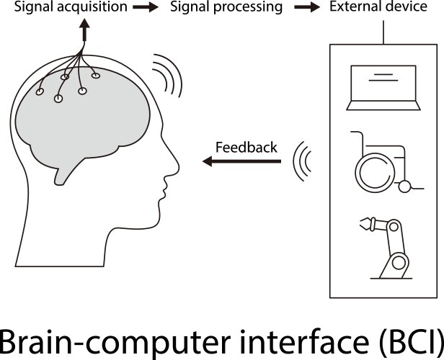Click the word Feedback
[x=246, y=148]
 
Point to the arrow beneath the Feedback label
[x=241, y=162]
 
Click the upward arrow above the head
[x=84, y=31]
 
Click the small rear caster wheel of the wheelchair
[x=406, y=187]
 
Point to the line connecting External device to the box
[x=384, y=32]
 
